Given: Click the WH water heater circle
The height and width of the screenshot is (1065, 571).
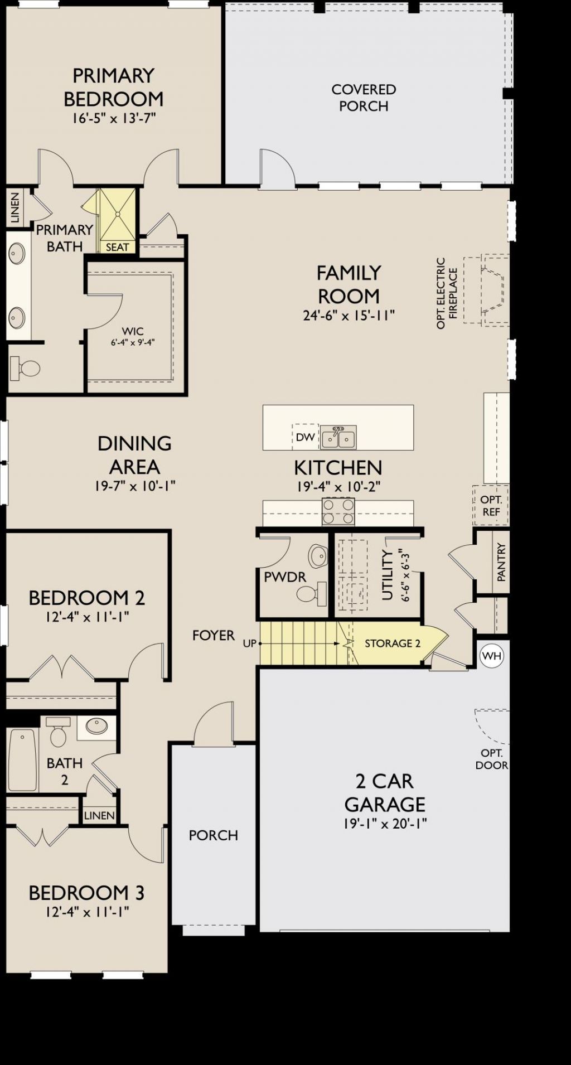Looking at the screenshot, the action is coord(492,656).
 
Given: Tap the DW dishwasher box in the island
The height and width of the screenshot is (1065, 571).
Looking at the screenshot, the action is coord(306,437).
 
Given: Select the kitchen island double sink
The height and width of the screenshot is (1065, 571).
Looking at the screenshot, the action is coord(338,438).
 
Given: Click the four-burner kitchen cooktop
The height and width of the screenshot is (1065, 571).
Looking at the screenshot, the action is coord(338,512).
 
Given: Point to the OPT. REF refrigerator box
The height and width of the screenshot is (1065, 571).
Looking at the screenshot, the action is coord(491,506).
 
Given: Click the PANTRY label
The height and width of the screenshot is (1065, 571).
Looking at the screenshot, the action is coord(501,563).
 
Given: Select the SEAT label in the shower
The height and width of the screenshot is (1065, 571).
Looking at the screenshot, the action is coord(117,247).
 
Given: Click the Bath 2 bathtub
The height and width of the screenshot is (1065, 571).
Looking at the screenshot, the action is coord(23,759).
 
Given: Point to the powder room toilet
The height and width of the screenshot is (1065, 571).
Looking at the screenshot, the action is coord(313,593).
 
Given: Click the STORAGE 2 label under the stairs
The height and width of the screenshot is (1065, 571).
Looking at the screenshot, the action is coord(393,643).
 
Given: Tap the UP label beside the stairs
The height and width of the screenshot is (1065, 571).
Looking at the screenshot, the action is coord(250,643).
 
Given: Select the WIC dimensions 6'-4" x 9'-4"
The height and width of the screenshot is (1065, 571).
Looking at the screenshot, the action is coord(133,342).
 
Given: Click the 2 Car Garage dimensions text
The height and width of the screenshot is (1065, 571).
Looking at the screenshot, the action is coord(385,824).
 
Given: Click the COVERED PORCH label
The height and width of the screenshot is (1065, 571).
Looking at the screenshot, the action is coord(364,98).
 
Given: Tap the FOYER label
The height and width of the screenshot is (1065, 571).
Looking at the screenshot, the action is coord(214,635).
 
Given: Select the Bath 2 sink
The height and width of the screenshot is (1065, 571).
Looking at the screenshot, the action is coord(96,726).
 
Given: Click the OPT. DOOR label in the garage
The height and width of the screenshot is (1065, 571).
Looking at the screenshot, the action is coord(492,759).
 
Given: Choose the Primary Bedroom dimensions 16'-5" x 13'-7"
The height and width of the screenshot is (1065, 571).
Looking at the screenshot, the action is coord(114,118).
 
